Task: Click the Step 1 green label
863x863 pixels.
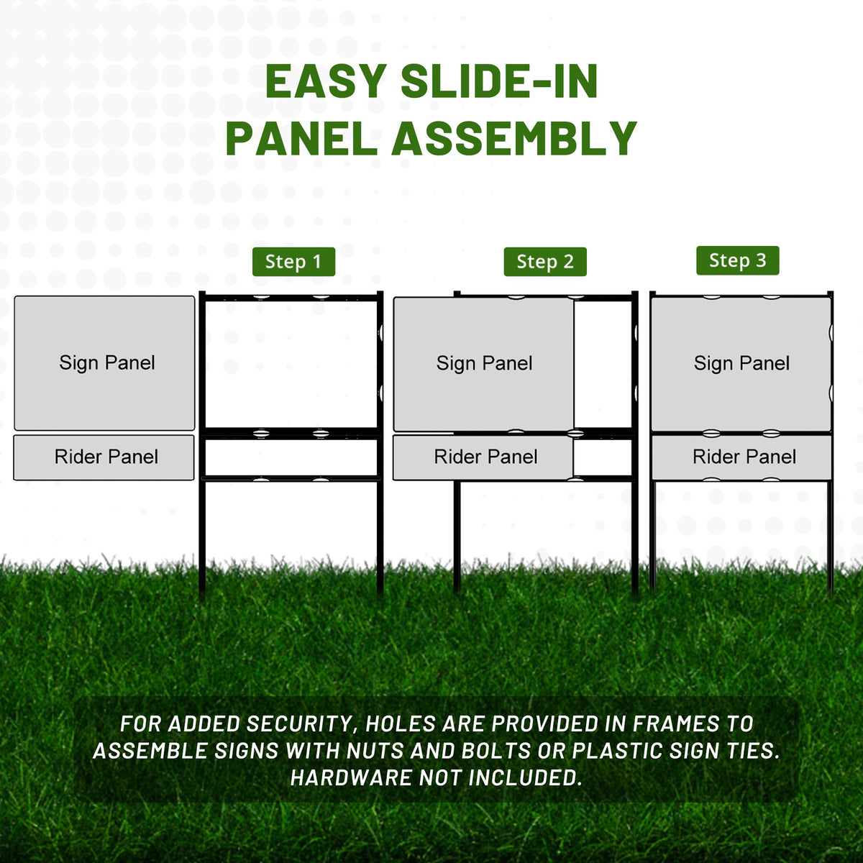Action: pos(293,262)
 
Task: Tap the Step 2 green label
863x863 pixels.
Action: pos(545,262)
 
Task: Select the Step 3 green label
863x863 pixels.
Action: pos(737,260)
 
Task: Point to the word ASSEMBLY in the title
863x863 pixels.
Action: pos(515,138)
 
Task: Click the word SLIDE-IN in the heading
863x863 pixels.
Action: pos(499,81)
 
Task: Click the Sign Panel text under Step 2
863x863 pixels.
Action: pos(484,363)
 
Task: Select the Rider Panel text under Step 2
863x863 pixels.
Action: pos(485,457)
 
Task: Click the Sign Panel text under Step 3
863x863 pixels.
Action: pos(741,363)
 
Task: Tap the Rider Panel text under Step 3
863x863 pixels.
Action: pos(744,457)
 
